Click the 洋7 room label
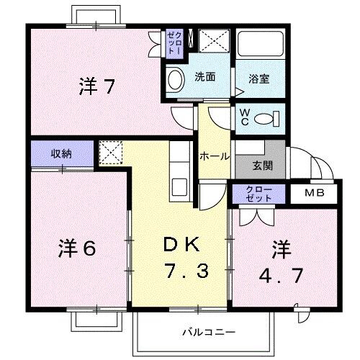click(x=97, y=87)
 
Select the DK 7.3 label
click(x=180, y=258)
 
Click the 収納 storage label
click(x=61, y=153)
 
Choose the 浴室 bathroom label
click(x=259, y=78)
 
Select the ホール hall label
click(x=215, y=156)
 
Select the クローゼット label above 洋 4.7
click(x=258, y=193)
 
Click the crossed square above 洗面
click(x=214, y=42)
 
